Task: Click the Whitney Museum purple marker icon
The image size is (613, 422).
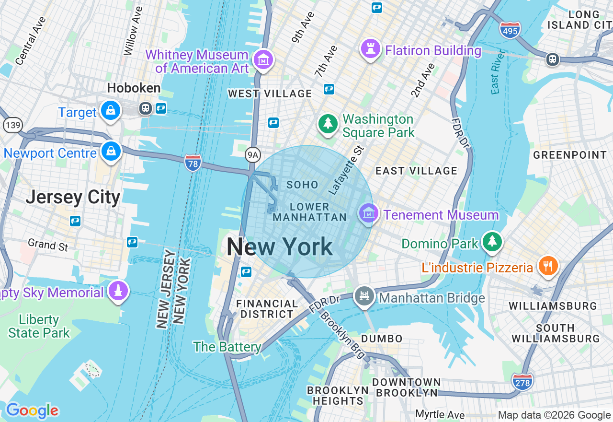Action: [x=263, y=60]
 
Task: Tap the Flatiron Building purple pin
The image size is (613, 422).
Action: [x=370, y=49]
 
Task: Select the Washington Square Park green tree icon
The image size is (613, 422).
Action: [x=328, y=124]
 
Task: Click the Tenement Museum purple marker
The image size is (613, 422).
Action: [x=368, y=213]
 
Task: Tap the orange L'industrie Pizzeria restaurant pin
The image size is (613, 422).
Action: [x=548, y=266]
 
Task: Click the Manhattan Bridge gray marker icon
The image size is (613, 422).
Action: [x=364, y=296]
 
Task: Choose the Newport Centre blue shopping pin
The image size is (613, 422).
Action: [x=111, y=152]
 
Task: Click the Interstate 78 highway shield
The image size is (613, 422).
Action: [x=193, y=163]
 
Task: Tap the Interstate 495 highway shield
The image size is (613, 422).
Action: [x=510, y=30]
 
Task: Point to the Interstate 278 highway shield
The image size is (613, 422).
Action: [x=522, y=382]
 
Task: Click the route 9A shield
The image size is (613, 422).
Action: [x=252, y=154]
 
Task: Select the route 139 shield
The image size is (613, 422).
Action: [x=12, y=125]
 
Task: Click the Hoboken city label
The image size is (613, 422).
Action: [x=134, y=88]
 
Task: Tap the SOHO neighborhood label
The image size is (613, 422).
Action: [x=302, y=185]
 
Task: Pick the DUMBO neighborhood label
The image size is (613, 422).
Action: [x=382, y=339]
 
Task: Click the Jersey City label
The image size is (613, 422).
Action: [x=73, y=197]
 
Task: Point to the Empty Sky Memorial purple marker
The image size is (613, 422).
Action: [x=118, y=291]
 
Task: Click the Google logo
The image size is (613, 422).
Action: [x=32, y=410]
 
